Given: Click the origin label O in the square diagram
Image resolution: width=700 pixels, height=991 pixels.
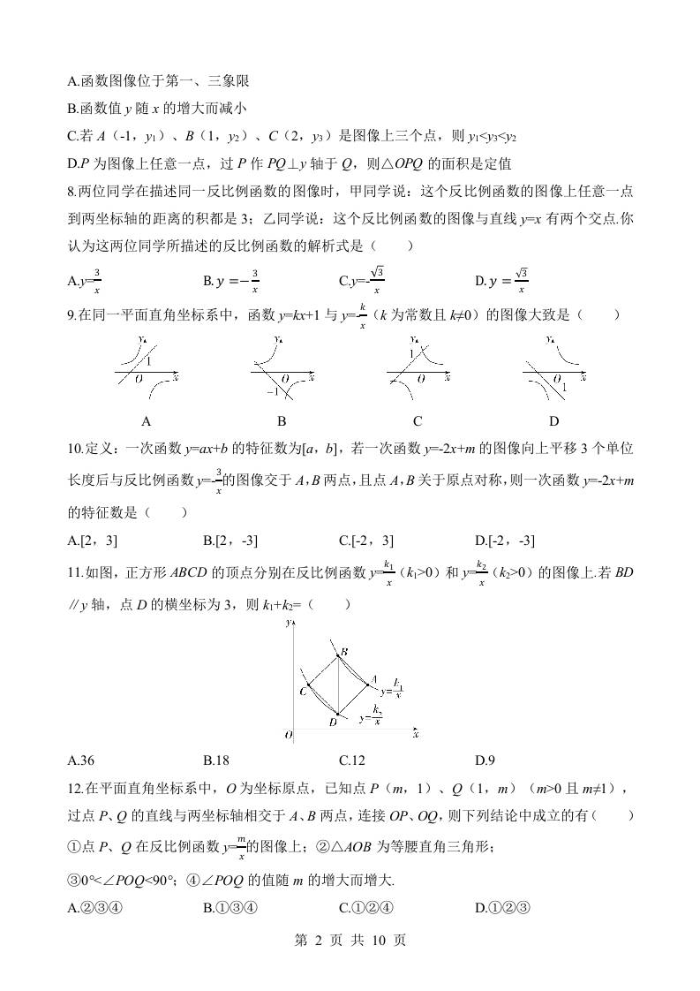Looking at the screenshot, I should click(288, 734).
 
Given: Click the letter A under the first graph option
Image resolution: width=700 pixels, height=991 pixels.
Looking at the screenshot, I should click(147, 420).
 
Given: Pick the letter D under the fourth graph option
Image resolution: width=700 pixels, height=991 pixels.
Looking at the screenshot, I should click(554, 420).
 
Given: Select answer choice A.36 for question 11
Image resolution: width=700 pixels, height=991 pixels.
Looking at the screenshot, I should click(81, 760).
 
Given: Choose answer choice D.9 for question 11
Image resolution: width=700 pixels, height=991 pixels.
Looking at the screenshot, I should click(485, 760).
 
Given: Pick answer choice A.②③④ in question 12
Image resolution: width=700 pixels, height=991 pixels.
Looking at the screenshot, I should click(94, 907).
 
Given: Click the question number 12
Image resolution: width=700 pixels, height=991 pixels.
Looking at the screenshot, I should click(74, 789).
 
